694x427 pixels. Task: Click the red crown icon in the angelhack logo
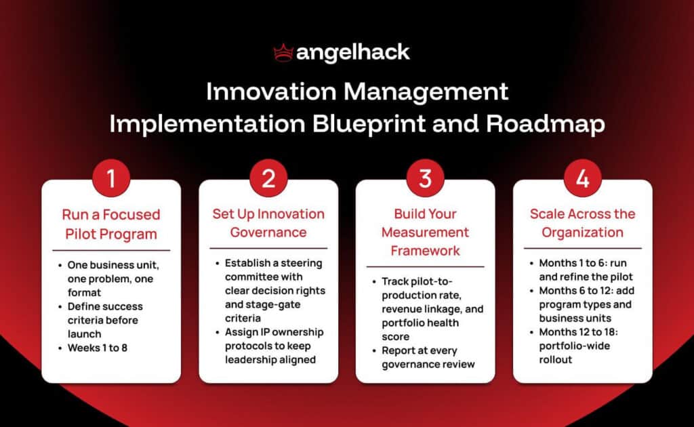[282, 52]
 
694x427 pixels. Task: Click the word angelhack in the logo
[352, 52]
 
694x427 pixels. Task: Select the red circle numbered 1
[111, 178]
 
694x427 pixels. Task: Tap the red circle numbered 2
[268, 178]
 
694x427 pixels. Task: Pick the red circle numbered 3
[425, 178]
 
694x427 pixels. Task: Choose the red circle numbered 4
[582, 178]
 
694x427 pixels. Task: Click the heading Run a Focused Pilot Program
[111, 224]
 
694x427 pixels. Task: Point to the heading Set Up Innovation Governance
[268, 223]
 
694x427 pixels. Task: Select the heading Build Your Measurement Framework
[425, 232]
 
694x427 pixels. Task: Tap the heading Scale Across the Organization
[582, 223]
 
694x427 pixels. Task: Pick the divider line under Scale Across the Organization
[582, 248]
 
